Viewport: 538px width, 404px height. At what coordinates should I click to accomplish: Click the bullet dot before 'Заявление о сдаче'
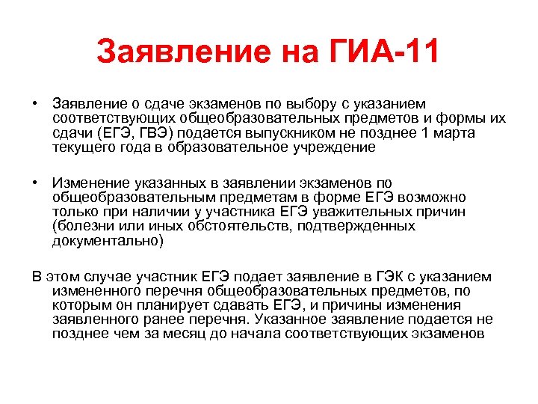[x=36, y=102]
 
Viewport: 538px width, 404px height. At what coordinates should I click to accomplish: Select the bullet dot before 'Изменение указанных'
[x=36, y=183]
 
